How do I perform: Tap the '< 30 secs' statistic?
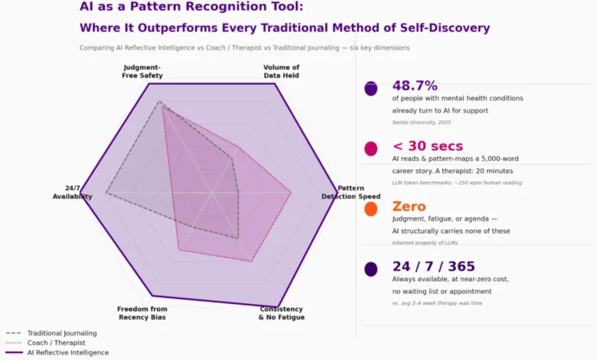tap(428, 146)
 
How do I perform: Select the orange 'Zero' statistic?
tap(409, 207)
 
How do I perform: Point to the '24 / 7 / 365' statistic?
tap(434, 267)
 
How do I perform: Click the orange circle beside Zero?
tap(371, 209)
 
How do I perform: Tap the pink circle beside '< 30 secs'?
tap(371, 149)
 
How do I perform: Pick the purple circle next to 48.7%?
tap(371, 89)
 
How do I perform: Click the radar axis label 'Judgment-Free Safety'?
tap(142, 71)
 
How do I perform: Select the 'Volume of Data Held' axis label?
tap(281, 71)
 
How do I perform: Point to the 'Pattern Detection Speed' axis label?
tap(351, 192)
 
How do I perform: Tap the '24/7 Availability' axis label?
tap(73, 192)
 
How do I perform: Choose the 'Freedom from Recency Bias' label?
tap(142, 313)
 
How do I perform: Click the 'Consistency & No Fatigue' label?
tap(281, 313)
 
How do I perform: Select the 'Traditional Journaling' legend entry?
tap(61, 333)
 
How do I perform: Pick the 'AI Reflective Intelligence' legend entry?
tap(67, 352)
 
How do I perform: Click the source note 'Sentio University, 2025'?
tap(422, 122)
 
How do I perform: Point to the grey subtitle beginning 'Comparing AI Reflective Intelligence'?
tap(244, 47)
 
